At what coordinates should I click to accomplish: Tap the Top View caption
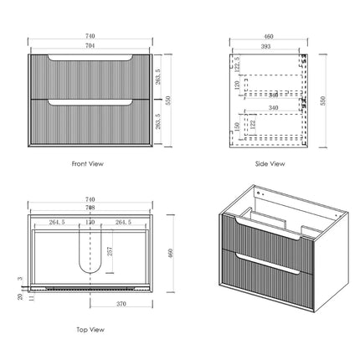click(x=89, y=331)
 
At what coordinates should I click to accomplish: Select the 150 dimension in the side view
click(x=237, y=127)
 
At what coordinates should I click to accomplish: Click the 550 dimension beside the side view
click(x=323, y=100)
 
